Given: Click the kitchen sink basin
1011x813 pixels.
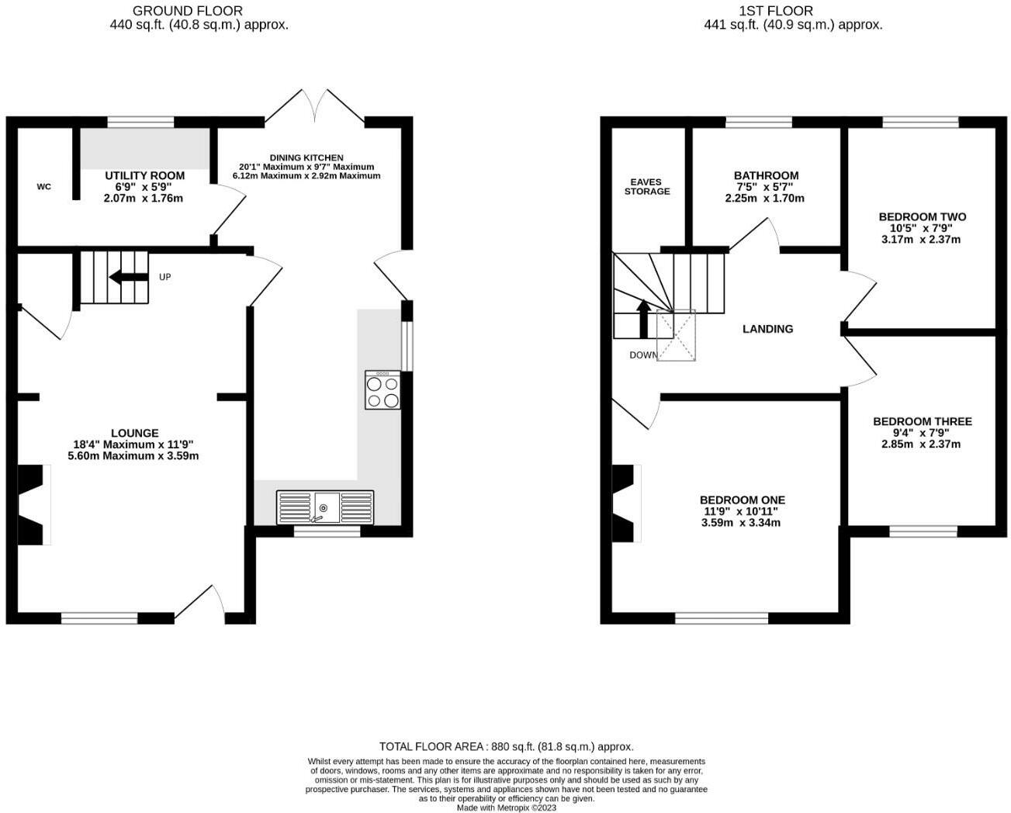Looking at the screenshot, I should [x=325, y=507].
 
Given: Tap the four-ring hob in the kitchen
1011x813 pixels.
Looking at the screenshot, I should [x=383, y=390].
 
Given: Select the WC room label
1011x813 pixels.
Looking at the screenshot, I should [x=44, y=187].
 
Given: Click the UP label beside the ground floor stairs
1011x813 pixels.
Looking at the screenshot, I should [x=165, y=277].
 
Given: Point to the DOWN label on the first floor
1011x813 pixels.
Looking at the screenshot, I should [x=643, y=355].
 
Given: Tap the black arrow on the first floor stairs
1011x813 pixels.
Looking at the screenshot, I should [x=642, y=319].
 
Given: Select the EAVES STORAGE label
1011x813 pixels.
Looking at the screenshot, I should [x=647, y=187].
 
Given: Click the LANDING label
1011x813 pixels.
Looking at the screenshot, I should [x=767, y=329].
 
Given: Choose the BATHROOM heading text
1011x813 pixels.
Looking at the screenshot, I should [x=766, y=176].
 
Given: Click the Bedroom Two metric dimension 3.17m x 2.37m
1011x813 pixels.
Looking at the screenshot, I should [x=921, y=240].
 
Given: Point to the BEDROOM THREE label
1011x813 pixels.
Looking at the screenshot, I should [x=922, y=421].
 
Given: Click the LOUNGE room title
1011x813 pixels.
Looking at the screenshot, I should [x=135, y=433].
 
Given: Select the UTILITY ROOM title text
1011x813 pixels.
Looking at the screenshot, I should [x=145, y=176].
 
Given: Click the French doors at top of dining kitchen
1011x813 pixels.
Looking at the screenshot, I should [x=315, y=107].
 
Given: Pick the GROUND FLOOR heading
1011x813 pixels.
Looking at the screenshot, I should [x=187, y=11].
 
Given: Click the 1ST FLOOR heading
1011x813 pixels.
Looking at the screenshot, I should [x=777, y=11].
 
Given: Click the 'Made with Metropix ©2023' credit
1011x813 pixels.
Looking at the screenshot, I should [x=506, y=808].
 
